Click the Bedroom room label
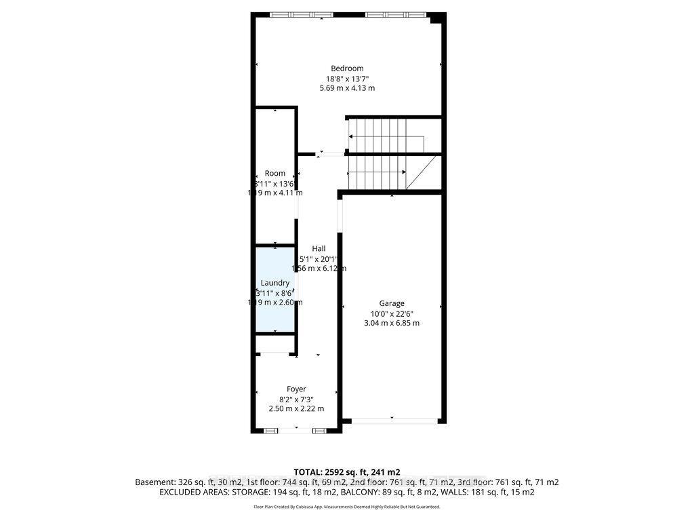coord(347,68)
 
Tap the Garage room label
coord(392,303)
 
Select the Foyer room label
coord(296,389)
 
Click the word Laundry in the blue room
coord(275,283)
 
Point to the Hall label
coord(319,248)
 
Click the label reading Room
coord(275,173)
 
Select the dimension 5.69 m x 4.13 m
coord(347,88)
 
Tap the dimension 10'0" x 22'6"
coord(392,313)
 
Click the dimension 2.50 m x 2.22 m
coord(296,408)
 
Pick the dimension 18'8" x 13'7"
coord(347,78)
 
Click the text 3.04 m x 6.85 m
coord(392,323)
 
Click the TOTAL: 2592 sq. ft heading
coord(346,471)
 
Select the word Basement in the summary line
coord(153,482)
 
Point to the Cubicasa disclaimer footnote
coord(346,507)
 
